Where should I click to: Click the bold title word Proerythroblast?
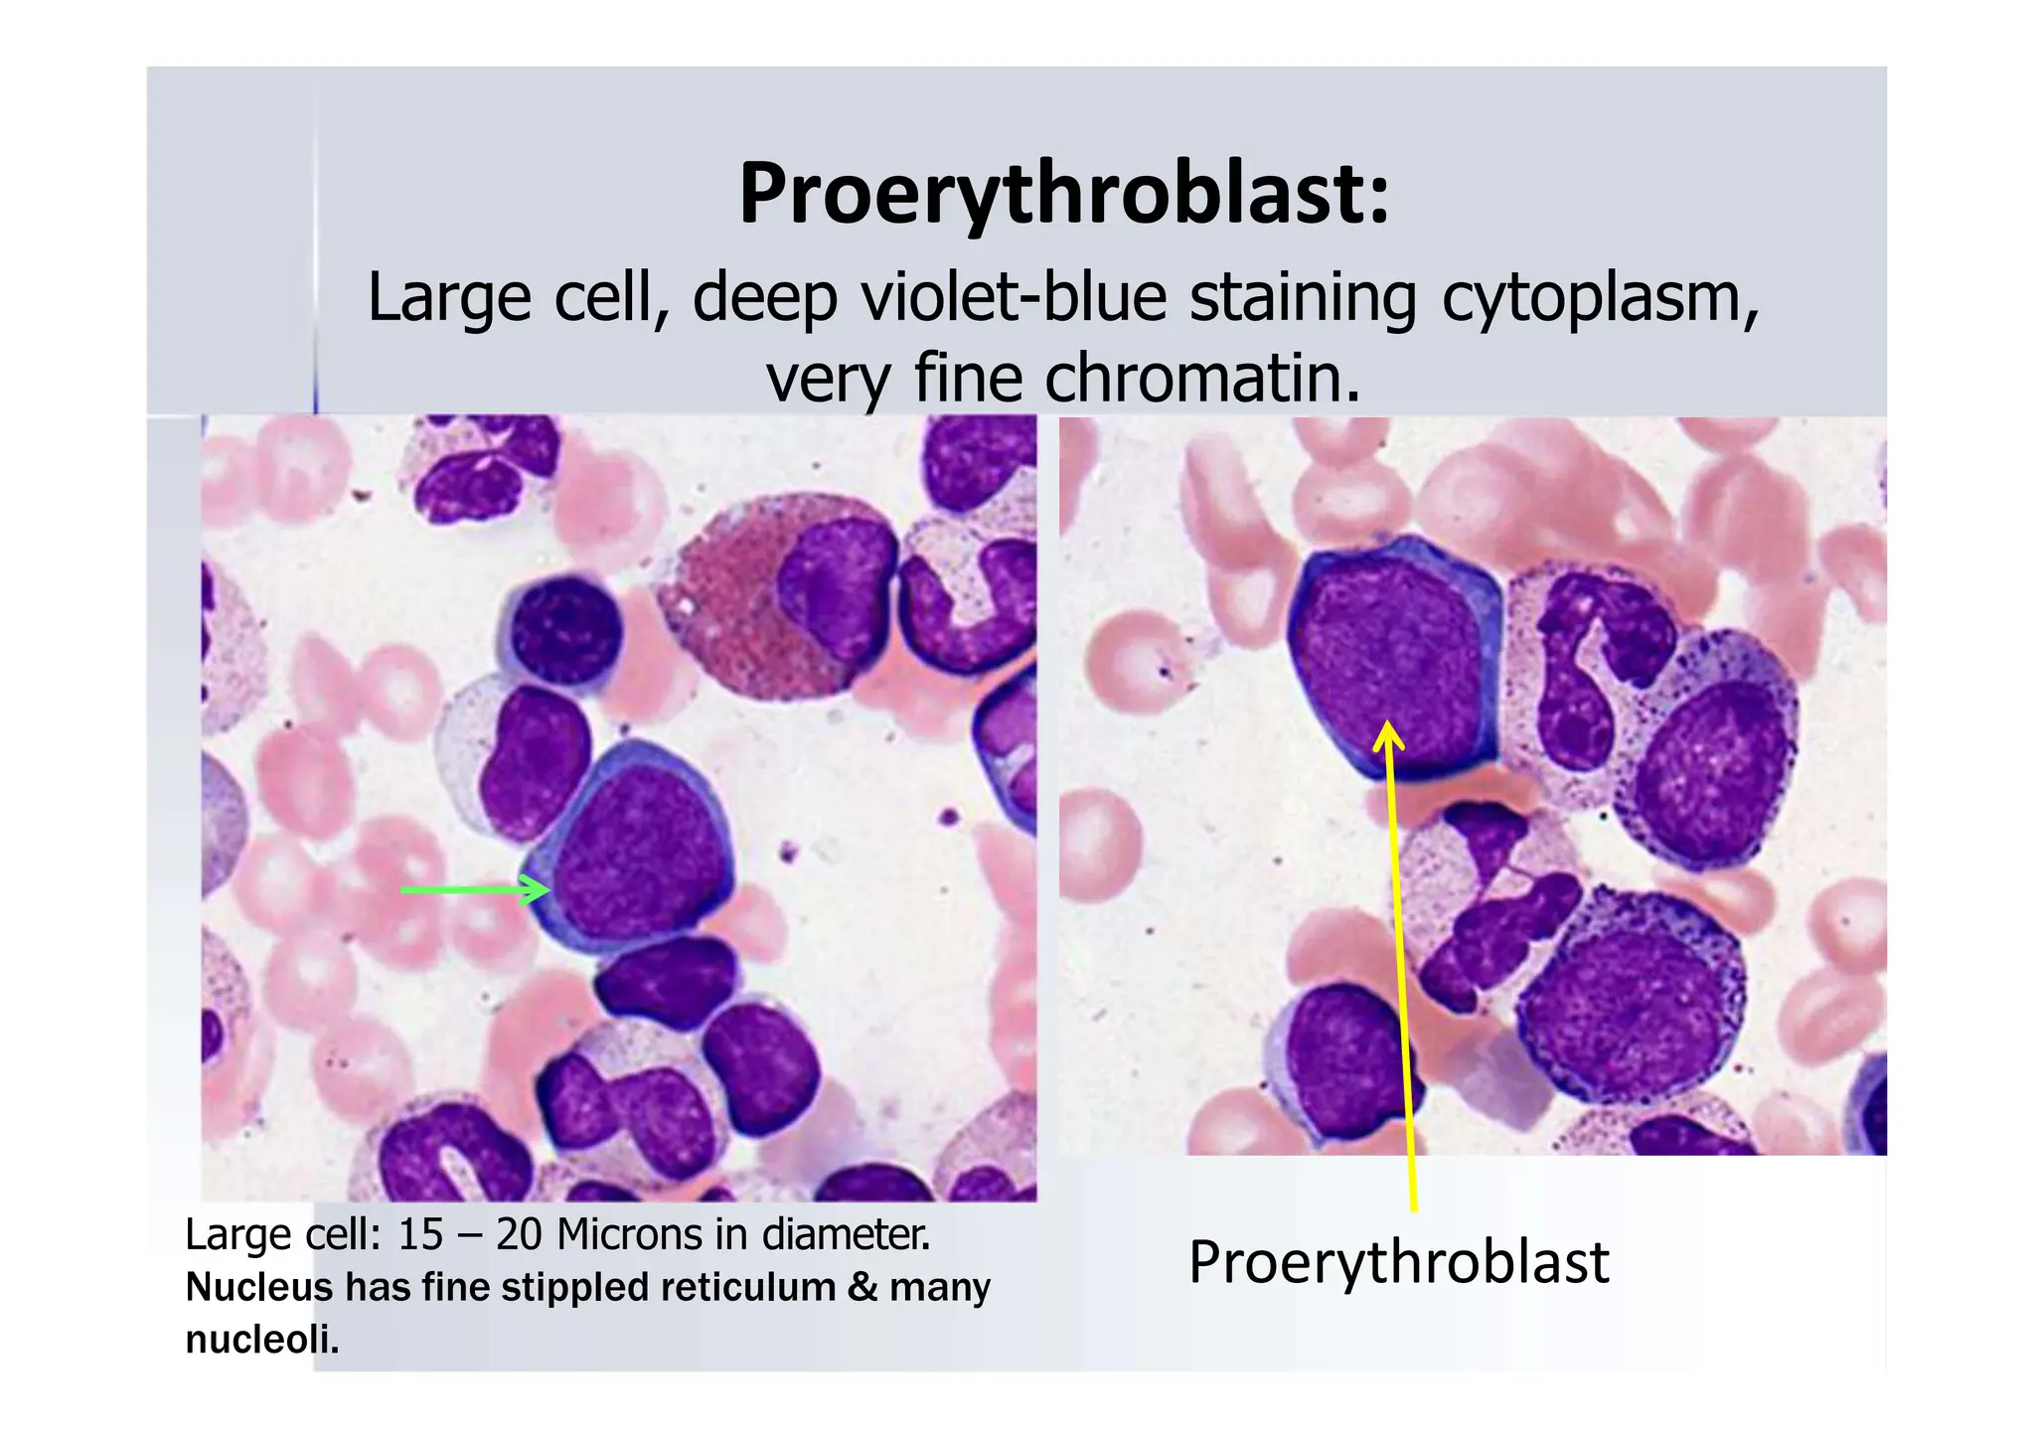[1064, 194]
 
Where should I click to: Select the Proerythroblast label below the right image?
[1398, 1263]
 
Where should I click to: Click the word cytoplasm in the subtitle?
[1600, 298]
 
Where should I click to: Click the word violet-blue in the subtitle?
[1013, 298]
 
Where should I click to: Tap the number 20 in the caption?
[520, 1235]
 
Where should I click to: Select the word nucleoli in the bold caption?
[261, 1341]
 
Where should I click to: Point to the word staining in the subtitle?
[1303, 298]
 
